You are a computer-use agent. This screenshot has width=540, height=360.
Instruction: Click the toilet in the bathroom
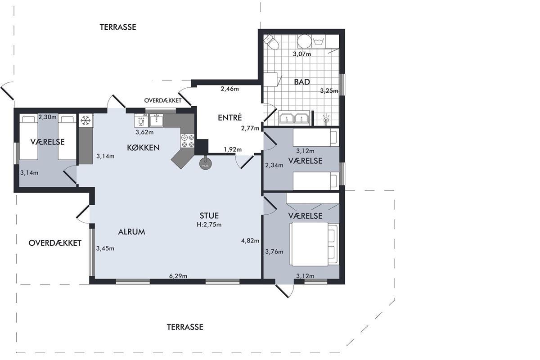coord(271,42)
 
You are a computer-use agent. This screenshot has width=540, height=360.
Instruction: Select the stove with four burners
coord(188,141)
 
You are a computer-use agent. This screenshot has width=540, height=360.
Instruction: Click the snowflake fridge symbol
coord(85,120)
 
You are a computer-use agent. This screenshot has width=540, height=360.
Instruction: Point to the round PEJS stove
coord(206,164)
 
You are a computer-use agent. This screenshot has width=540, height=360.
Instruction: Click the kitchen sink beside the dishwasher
coord(157,120)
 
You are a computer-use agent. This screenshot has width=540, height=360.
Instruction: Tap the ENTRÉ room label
coord(230,117)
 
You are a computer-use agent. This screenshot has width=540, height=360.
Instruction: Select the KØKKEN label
coord(143,148)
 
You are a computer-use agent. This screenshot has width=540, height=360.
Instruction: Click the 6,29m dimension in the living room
coord(178,276)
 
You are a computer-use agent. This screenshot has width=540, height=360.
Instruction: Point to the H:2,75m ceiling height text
coord(209,225)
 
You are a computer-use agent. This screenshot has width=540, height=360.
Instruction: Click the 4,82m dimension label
coord(250,241)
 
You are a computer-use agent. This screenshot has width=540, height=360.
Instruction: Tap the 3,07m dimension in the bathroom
coord(302,54)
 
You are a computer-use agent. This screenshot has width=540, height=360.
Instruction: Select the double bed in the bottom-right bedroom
coord(315,244)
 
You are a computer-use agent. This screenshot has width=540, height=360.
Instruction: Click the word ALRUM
coord(131,232)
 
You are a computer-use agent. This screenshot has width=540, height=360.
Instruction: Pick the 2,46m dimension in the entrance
coord(230,89)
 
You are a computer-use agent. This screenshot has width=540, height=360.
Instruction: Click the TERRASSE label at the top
coord(118,27)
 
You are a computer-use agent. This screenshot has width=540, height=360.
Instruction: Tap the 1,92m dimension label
coord(233,149)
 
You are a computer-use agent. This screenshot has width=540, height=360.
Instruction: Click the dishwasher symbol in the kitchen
coord(141,120)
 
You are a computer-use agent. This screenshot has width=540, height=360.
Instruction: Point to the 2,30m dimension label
coord(48,117)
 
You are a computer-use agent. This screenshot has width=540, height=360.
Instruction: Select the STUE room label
coord(209,216)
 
